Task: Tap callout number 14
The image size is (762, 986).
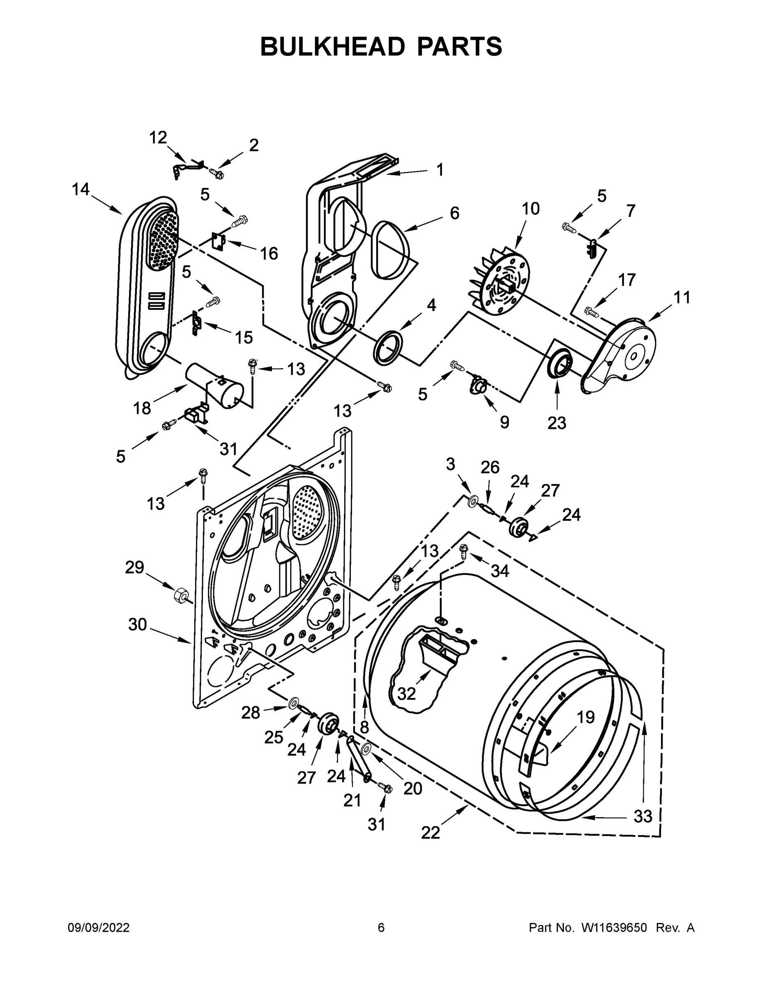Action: click(81, 190)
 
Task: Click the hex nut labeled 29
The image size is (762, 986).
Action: click(182, 595)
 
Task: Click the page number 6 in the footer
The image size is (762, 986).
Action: click(381, 928)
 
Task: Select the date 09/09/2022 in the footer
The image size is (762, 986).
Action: click(99, 928)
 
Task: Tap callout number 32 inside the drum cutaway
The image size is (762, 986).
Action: click(406, 694)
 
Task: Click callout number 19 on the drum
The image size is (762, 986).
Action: click(585, 717)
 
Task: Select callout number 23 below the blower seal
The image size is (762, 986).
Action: click(556, 423)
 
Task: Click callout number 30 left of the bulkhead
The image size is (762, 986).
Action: click(137, 625)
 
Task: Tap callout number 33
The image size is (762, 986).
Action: click(643, 816)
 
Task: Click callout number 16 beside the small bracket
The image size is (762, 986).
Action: click(269, 254)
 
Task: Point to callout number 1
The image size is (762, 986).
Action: click(439, 170)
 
